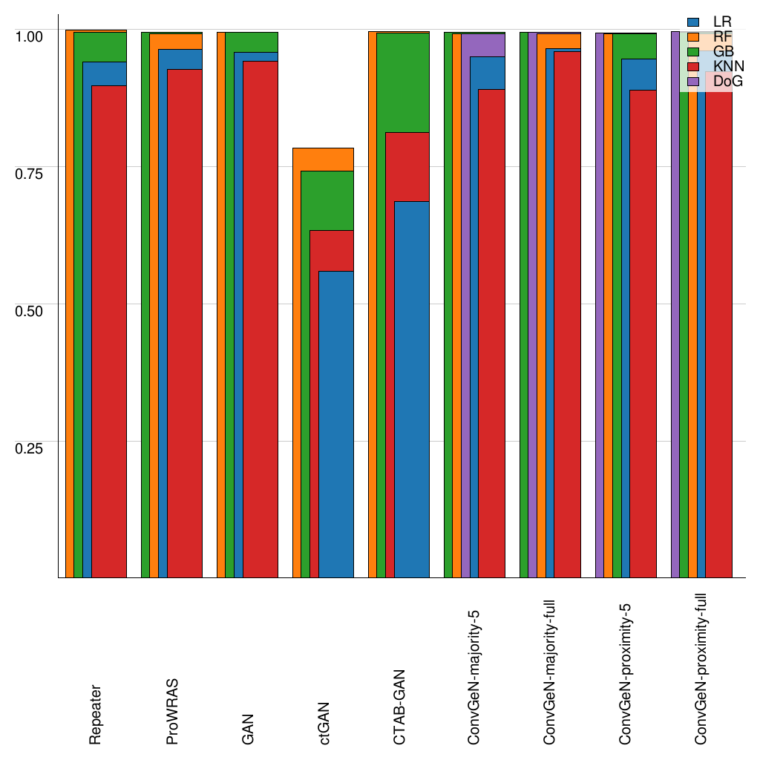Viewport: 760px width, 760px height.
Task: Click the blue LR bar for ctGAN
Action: tap(336, 423)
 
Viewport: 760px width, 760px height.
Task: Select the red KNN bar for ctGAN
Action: tap(331, 251)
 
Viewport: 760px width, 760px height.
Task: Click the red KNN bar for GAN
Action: tap(261, 319)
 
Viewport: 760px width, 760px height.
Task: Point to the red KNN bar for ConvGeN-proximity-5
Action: tap(643, 334)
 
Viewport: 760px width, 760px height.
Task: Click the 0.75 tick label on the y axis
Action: tap(30, 172)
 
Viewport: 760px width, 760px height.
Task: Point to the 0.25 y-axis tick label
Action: tap(30, 447)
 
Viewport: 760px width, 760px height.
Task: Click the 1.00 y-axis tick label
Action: tap(30, 35)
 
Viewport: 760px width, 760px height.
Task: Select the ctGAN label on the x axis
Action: tap(324, 723)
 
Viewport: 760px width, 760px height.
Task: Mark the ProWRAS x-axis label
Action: tap(172, 712)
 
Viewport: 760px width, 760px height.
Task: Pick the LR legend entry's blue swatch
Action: tap(694, 22)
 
